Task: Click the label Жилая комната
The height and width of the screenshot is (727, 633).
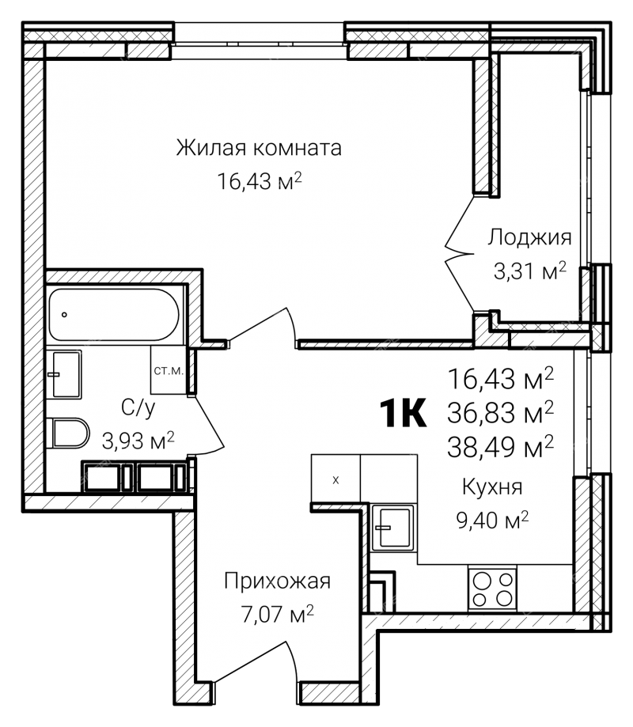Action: point(259,148)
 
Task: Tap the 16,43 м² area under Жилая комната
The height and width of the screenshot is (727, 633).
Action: point(260,180)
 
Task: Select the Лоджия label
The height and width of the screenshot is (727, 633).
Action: point(529,238)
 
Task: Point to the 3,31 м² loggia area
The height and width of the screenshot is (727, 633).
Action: point(530,271)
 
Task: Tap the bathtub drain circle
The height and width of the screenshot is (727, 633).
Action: point(64,315)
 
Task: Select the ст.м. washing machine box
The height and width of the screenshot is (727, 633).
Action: point(169,370)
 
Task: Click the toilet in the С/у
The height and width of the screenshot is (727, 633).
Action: point(68,433)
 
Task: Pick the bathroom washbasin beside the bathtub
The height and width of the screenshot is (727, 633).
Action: point(64,374)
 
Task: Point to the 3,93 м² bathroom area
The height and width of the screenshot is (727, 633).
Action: point(138,440)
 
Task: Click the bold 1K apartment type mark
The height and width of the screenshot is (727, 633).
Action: point(403,413)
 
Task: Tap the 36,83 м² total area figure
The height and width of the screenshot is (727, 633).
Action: point(500,412)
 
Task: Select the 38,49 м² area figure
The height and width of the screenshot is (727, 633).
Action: point(500,446)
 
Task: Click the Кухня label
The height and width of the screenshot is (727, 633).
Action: point(492,487)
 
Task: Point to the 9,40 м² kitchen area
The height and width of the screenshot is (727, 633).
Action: point(492,520)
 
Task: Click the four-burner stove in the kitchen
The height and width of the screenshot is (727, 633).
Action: point(492,589)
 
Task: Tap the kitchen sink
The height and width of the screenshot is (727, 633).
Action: point(393,528)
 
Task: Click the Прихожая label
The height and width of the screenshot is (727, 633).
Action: point(277,581)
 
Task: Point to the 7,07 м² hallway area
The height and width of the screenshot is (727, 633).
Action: point(277,614)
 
